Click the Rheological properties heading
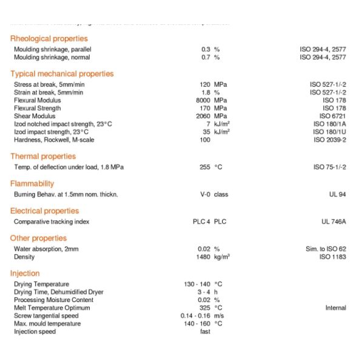[x=49, y=39]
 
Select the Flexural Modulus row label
[x=33, y=100]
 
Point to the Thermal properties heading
[x=42, y=157]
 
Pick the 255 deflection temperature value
[x=204, y=167]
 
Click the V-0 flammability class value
[x=205, y=195]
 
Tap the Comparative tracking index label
[x=52, y=222]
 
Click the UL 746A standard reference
[x=334, y=222]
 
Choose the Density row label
[x=24, y=257]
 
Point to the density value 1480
[x=203, y=257]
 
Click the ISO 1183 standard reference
[x=332, y=257]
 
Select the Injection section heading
[x=25, y=274]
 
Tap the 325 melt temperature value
[x=205, y=308]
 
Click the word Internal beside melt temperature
[x=335, y=308]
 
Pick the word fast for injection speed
[x=205, y=332]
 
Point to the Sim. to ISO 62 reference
[x=326, y=249]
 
